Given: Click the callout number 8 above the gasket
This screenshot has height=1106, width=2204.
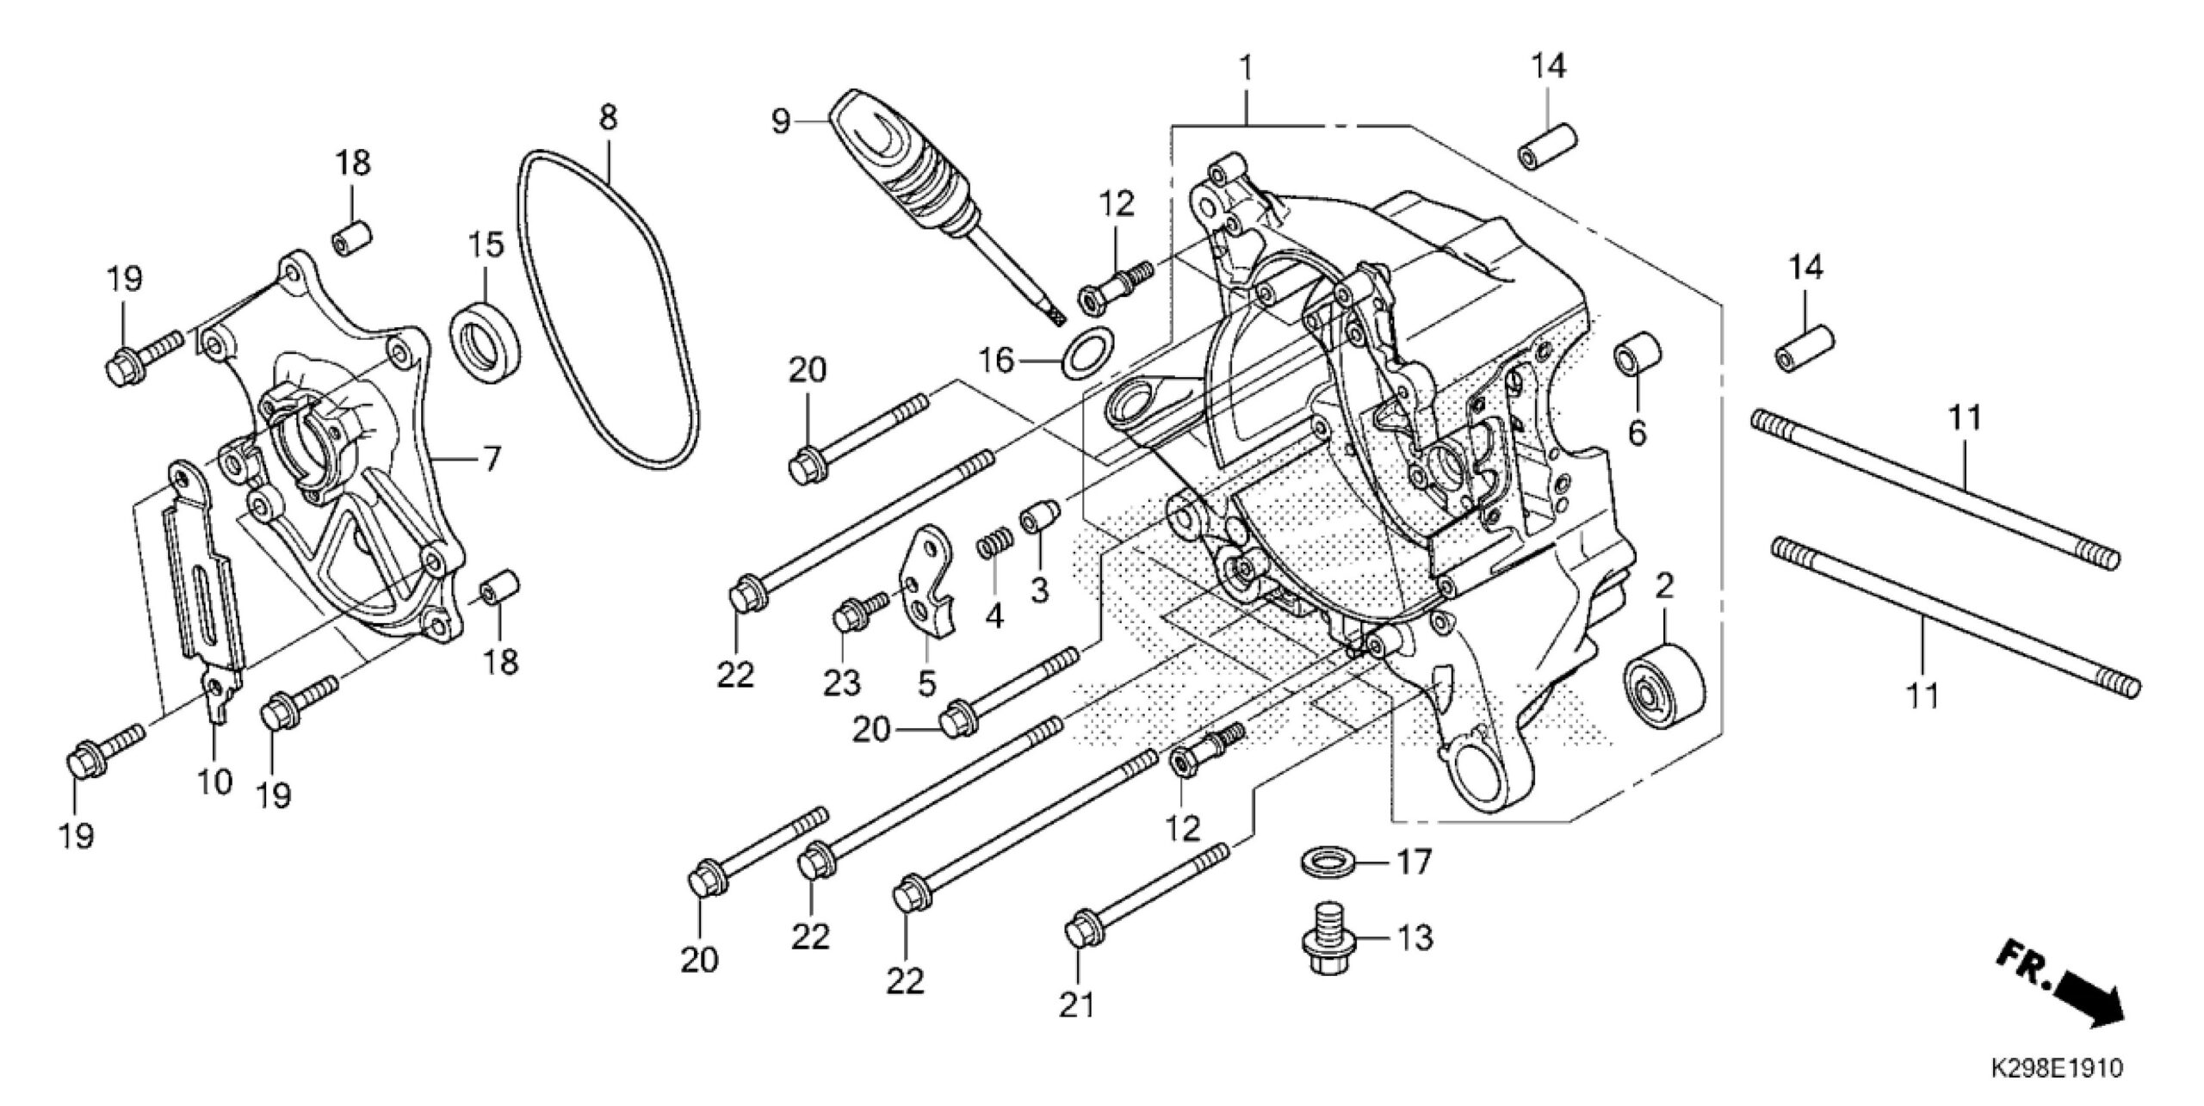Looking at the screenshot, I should [608, 116].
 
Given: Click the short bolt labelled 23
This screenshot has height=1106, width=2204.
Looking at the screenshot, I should [858, 614].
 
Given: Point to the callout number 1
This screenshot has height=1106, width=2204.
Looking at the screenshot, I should [1246, 65].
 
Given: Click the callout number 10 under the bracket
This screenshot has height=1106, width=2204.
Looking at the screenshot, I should [214, 782].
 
